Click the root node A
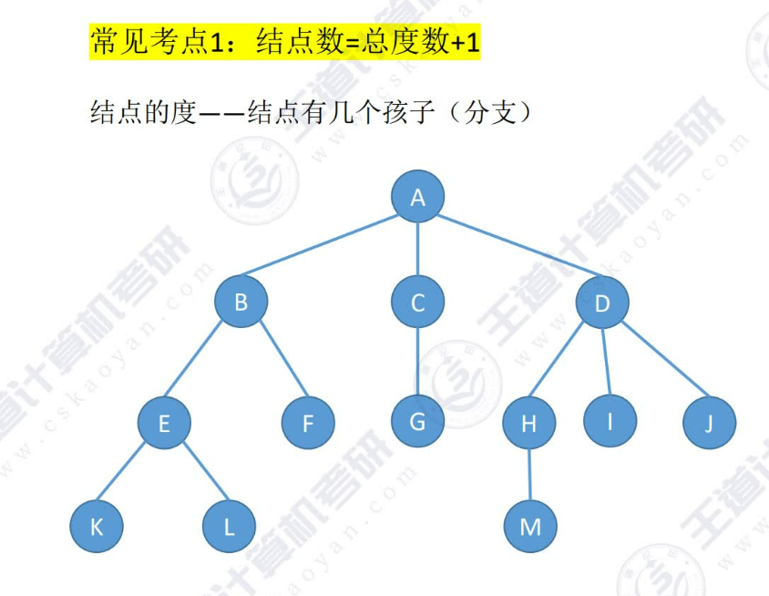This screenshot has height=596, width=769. coord(418,197)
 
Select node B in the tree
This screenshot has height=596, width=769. coord(241,303)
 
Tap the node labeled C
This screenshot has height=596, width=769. coord(418,303)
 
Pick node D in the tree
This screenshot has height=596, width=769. coord(602,303)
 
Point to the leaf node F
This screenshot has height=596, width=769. coord(308,423)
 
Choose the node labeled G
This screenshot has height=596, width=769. coord(418,421)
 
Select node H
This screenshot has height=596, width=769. coord(528,423)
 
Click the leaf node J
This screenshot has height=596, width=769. coord(708,423)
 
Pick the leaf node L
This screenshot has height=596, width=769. coord(230,527)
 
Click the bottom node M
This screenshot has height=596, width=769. coord(530,527)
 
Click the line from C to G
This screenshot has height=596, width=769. coord(418,362)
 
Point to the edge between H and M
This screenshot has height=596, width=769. coord(529,475)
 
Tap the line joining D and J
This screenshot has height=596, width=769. coord(656,364)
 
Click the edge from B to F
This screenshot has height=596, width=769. coord(275,364)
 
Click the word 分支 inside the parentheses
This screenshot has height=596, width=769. coord(491,113)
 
